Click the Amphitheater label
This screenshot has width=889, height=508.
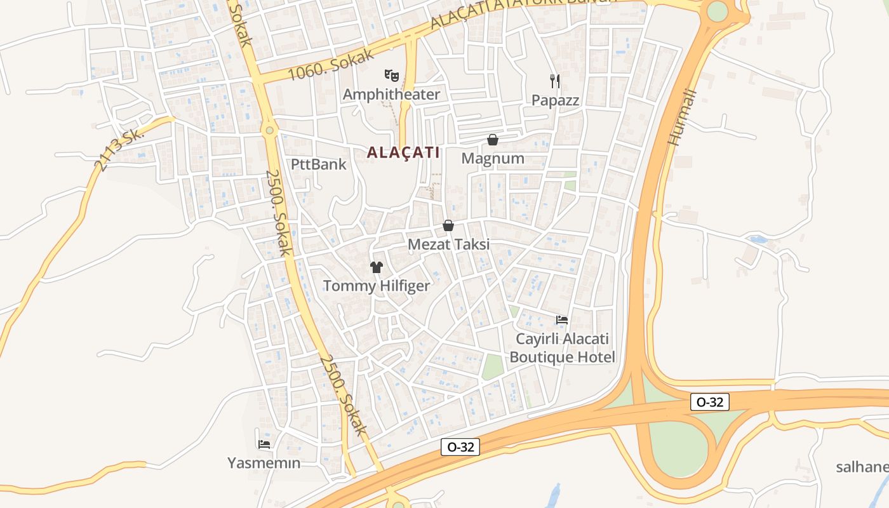pos(391,95)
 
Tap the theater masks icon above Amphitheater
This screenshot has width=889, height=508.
pos(392,76)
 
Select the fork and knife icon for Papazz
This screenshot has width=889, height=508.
pos(555,81)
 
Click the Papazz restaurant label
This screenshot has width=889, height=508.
pos(555,100)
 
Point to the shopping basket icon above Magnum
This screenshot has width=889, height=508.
pos(493,140)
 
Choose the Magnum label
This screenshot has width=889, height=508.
pos(493,158)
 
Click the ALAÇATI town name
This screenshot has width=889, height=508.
pos(403,152)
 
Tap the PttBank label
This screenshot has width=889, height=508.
pos(319,164)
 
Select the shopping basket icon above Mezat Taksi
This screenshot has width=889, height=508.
pos(448,225)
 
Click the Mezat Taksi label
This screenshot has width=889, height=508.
pos(448,244)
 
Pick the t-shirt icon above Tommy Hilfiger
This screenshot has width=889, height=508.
pos(377,267)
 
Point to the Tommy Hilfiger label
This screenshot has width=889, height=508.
pos(377,286)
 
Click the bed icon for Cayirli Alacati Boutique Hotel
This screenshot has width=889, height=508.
pos(562,319)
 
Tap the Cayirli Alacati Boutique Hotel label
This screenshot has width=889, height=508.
pos(562,347)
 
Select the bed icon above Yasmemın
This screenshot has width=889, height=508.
pos(264,444)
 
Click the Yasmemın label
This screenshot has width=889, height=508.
pos(264,463)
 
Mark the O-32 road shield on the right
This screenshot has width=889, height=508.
pos(710,402)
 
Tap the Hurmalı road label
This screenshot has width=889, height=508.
pos(683,118)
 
